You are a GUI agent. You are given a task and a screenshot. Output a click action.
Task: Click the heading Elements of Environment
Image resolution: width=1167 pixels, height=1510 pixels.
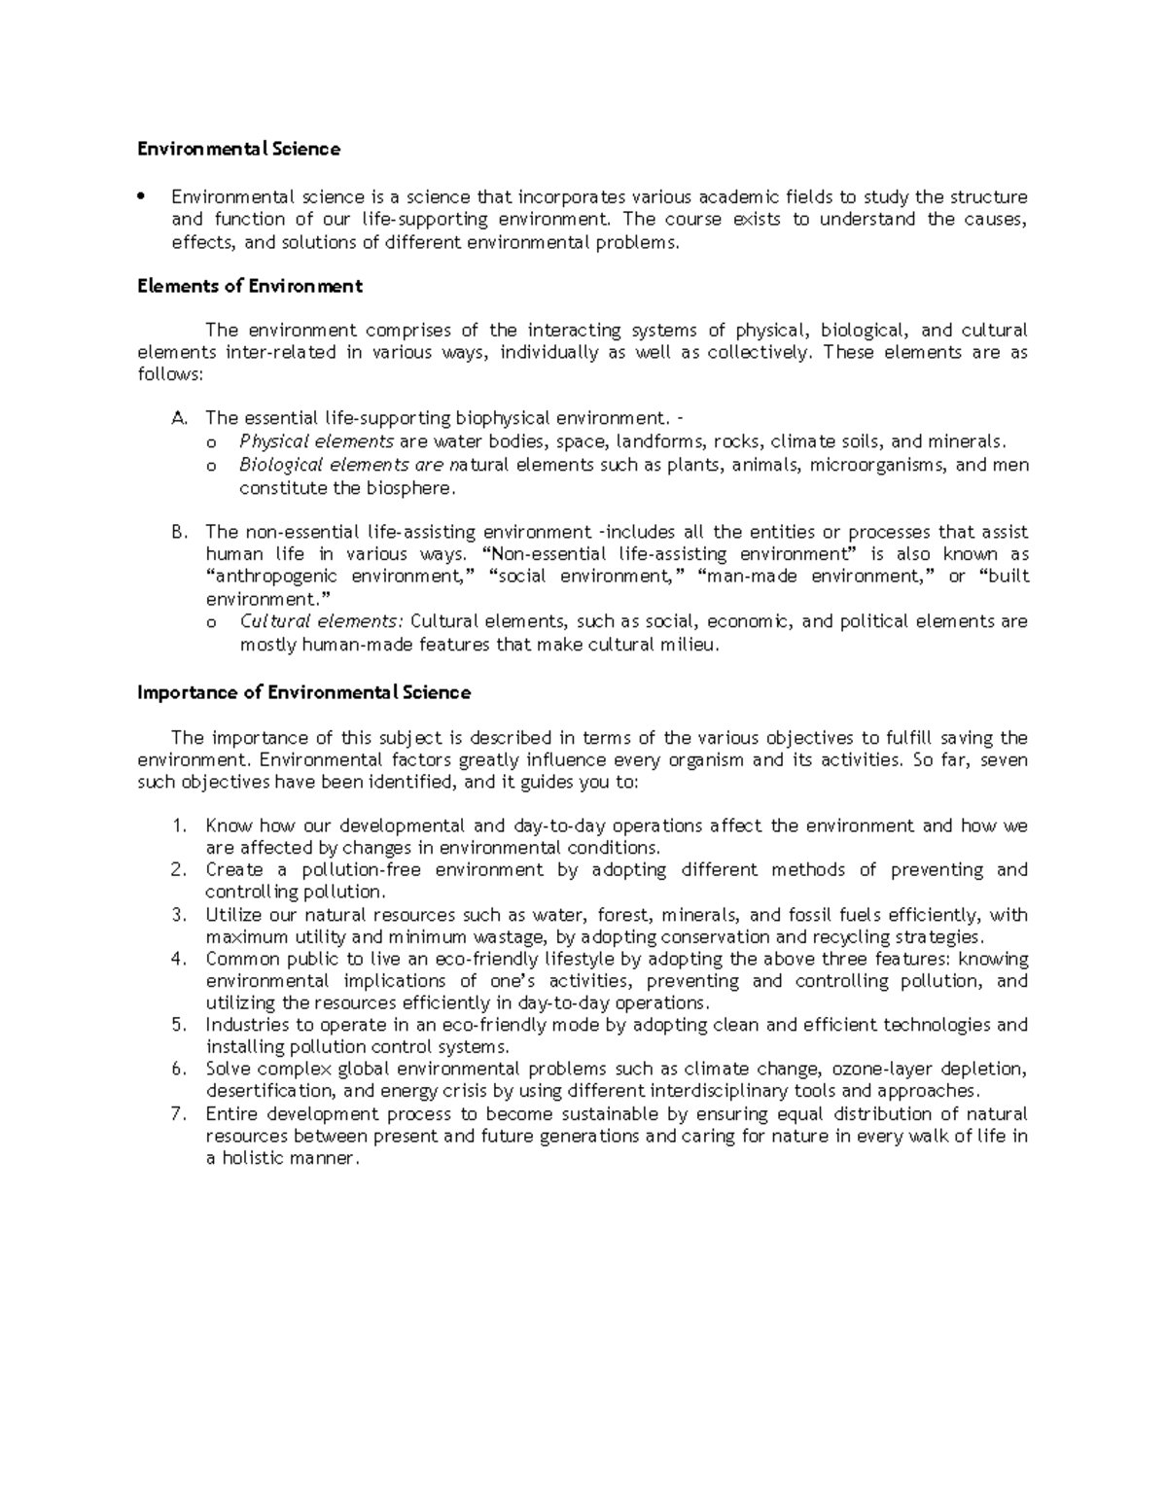coord(249,286)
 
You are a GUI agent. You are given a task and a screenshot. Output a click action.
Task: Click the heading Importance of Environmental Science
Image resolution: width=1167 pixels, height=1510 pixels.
coord(303,692)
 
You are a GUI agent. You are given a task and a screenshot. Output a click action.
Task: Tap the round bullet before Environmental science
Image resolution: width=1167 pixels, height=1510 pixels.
coord(142,196)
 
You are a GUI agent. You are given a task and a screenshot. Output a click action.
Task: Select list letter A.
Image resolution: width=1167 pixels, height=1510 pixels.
coord(177,418)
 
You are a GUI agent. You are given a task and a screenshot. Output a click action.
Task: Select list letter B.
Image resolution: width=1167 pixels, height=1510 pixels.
coord(177,532)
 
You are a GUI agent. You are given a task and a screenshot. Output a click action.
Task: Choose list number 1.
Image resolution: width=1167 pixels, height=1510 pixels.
coord(177,826)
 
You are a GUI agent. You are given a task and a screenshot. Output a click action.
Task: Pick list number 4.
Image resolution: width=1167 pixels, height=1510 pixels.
coord(177,959)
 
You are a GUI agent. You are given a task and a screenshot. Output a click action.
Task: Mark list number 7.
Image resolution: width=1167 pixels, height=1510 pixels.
coord(177,1114)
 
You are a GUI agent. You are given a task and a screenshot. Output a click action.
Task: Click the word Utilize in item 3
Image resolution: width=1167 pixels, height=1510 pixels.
coord(231,915)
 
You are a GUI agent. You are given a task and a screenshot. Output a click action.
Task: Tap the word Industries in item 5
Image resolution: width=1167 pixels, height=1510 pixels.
coord(245,1025)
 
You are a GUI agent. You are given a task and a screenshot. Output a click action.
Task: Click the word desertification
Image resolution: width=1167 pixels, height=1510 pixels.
coord(268,1091)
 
